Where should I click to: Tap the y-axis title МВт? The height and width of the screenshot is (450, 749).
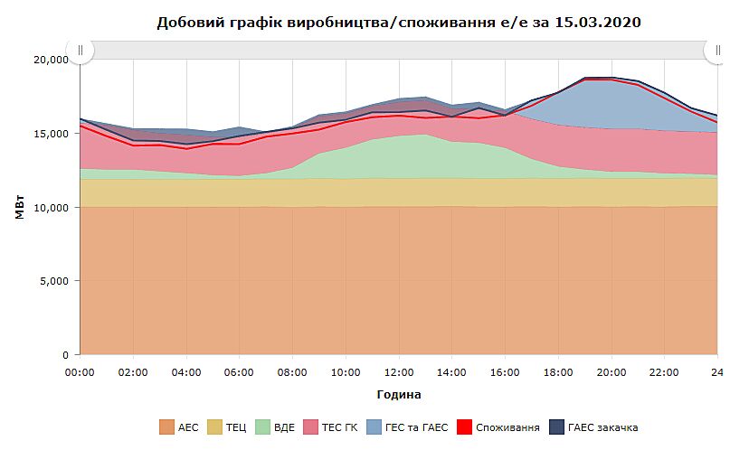[x=19, y=206]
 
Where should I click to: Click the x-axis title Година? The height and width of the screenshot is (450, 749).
[x=398, y=395]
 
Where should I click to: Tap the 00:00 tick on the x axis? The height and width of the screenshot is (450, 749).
[x=81, y=371]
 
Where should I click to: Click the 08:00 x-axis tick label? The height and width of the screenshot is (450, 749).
[x=292, y=371]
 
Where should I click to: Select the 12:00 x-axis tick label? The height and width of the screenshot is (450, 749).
[x=398, y=371]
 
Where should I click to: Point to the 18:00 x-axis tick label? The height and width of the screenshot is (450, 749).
[x=558, y=371]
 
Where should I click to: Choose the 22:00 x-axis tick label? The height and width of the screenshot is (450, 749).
[x=664, y=371]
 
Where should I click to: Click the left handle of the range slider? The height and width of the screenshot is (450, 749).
[x=81, y=51]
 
